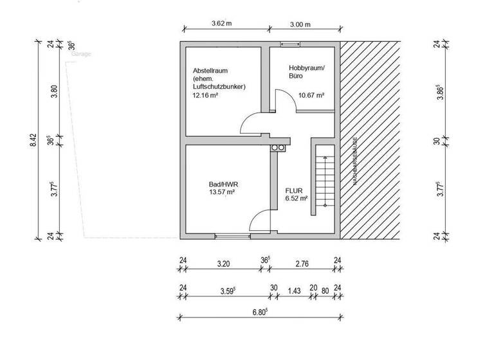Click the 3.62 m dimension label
point(221,24)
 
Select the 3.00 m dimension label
point(300,24)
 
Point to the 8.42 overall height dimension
point(33,140)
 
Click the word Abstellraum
point(210,71)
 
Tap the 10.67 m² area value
point(311,95)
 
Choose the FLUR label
point(293,191)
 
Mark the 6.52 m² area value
point(296,199)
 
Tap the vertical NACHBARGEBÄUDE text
point(354,161)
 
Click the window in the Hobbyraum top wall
point(289,44)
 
